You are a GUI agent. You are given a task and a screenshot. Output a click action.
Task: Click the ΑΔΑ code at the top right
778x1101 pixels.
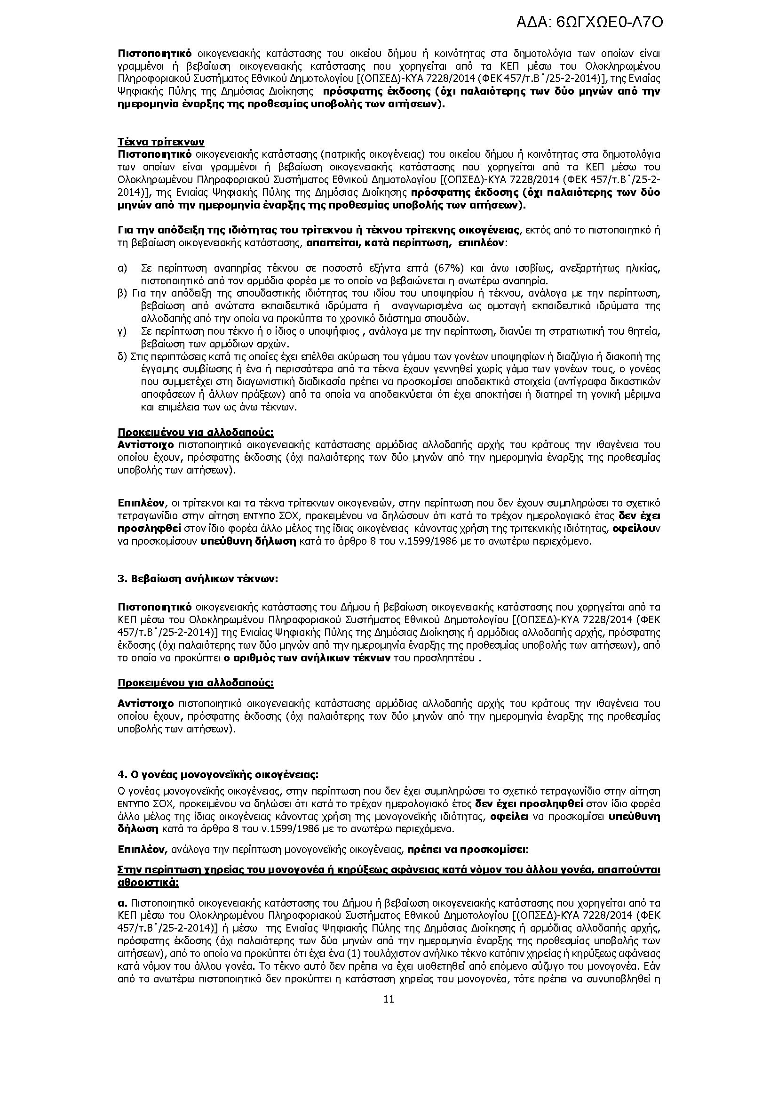590,23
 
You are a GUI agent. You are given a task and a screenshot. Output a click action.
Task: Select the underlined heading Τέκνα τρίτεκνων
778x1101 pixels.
161,142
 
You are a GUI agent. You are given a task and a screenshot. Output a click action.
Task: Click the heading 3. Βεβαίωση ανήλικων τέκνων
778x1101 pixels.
198,579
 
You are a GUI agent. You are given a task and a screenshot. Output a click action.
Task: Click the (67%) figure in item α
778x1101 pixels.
448,268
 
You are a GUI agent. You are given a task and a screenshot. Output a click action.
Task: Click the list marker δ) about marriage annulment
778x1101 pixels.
122,356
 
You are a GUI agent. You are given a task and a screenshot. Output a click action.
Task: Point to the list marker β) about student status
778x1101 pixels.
122,293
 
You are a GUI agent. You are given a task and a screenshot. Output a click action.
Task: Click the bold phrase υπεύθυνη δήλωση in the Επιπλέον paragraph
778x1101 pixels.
248,542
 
